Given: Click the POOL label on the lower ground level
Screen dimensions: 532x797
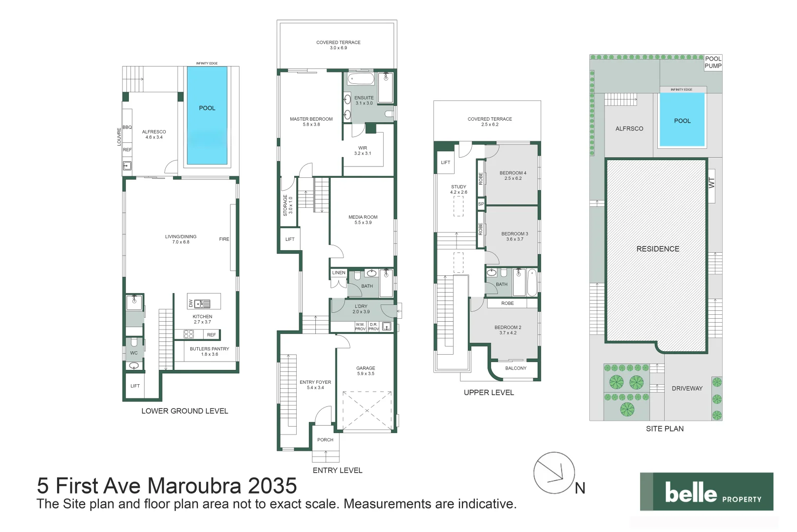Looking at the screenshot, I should [207, 108].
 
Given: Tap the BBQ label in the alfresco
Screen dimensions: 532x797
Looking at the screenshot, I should [127, 127].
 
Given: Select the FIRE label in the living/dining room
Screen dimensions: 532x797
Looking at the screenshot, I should [224, 239].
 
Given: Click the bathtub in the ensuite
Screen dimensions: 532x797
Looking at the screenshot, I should [361, 79].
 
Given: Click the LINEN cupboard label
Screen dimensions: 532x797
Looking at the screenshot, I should [338, 272].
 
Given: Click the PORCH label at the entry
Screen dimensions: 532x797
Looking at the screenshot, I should [325, 439].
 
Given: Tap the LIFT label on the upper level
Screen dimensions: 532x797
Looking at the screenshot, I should [445, 162].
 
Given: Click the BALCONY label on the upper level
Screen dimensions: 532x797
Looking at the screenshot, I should [516, 368].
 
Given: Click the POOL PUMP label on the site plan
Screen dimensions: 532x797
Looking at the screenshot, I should [713, 62].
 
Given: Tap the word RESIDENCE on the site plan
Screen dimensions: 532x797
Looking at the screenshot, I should [658, 249].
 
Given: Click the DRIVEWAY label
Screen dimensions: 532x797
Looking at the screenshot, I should [687, 388].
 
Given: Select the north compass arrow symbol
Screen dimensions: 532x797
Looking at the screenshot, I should [554, 473].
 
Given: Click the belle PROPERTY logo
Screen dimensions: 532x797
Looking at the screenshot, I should [706, 492].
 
